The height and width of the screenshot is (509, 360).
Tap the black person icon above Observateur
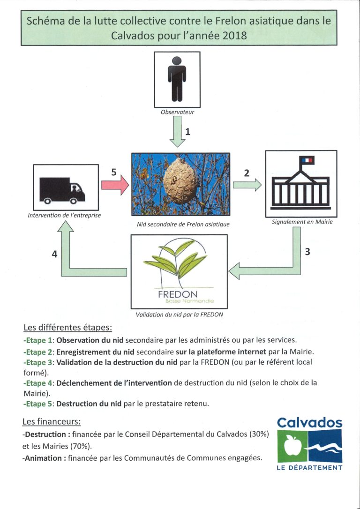tap(177, 79)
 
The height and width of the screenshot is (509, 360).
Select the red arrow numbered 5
tap(115, 185)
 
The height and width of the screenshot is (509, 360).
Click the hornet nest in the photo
tap(180, 180)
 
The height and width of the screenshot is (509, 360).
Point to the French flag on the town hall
tap(307, 160)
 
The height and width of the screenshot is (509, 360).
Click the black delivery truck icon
tap(62, 191)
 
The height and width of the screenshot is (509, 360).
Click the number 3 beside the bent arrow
tap(307, 252)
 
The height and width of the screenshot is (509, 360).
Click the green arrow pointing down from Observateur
tap(178, 132)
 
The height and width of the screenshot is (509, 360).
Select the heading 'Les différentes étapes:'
tap(68, 328)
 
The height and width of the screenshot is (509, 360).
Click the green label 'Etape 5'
tap(37, 404)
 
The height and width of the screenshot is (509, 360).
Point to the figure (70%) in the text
tap(80, 446)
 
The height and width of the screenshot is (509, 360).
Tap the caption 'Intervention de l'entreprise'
tap(64, 215)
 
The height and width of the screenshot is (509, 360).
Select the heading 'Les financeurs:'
tap(52, 422)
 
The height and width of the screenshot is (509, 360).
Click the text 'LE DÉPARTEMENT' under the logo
tap(310, 468)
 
